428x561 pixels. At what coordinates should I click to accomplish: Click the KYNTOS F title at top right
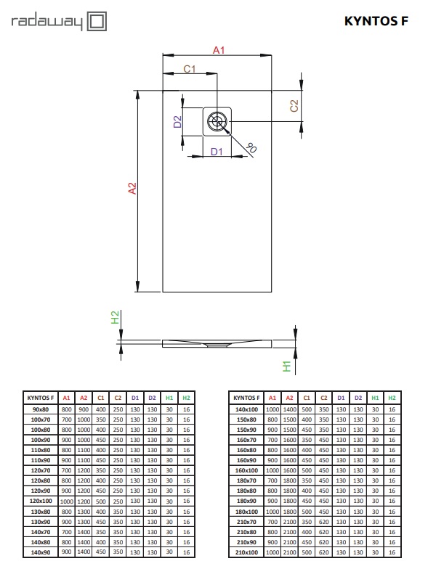(x=376, y=21)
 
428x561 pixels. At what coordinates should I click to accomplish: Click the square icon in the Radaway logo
(x=97, y=21)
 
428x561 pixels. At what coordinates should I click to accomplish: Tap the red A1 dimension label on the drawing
(x=219, y=50)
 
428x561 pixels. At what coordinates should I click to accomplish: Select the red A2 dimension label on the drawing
(x=132, y=188)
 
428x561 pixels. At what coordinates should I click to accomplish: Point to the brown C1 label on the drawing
(x=190, y=69)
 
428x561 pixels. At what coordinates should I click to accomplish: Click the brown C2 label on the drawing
(x=294, y=106)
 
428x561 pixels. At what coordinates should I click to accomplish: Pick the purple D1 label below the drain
(x=217, y=152)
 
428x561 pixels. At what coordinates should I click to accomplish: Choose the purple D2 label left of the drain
(x=177, y=122)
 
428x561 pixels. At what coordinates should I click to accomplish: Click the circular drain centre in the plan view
(x=217, y=122)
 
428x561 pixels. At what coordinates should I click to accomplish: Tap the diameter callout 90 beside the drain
(x=251, y=147)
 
